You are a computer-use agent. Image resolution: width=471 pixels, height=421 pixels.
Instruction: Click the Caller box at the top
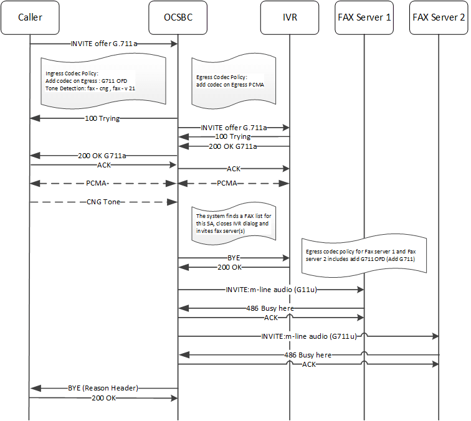[30, 16]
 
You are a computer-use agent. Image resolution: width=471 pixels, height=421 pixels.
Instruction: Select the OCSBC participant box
[178, 16]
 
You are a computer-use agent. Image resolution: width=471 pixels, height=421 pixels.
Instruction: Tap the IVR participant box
[290, 16]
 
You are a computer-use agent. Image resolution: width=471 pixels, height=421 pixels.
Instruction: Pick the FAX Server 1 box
[364, 16]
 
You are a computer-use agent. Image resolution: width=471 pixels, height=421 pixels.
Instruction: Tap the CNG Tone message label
[103, 202]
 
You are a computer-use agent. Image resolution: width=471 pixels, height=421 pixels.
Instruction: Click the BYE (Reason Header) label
[103, 387]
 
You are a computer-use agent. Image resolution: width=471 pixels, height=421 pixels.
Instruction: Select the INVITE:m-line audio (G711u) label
[308, 336]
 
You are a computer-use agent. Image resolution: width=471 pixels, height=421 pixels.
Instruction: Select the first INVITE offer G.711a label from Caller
[103, 44]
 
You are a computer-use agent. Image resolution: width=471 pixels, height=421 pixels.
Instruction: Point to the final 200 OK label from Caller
[103, 397]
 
